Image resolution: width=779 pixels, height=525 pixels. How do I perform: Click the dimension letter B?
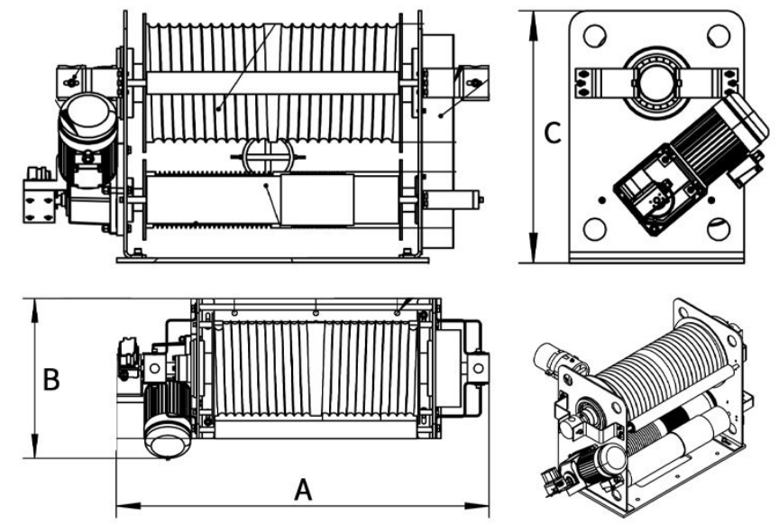coord(51,379)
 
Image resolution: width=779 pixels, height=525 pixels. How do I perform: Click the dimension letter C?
coord(554,134)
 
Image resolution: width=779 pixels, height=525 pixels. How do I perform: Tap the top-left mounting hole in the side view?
coord(594,36)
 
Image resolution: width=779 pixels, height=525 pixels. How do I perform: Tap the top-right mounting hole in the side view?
coord(718,36)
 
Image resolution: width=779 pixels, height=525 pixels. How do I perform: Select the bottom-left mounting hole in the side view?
coord(594,228)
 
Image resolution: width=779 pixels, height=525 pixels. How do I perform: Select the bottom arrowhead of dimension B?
coord(35,451)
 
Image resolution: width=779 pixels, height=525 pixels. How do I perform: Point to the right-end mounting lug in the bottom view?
coord(476,367)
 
